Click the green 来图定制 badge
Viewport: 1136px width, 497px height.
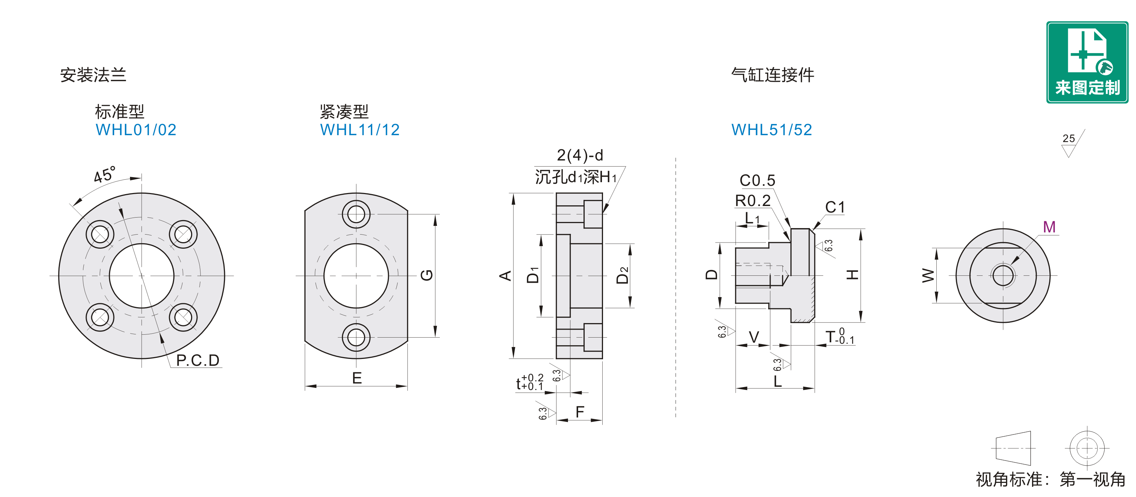1087,62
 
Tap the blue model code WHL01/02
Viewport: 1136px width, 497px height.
136,130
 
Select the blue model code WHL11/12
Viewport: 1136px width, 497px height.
360,130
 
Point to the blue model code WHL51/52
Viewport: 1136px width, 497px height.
772,130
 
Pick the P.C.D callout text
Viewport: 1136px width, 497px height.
198,360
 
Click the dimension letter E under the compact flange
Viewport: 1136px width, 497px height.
357,378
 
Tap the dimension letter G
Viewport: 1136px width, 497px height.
426,275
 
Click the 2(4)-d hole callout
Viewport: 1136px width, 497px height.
580,155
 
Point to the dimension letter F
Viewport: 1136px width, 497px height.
580,411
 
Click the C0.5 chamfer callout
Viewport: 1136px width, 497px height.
757,180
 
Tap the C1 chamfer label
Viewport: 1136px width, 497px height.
835,207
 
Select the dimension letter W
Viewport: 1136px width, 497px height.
928,275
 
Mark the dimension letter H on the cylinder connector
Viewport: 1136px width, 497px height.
853,275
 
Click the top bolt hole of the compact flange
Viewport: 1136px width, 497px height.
356,214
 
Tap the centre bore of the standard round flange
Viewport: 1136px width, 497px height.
142,276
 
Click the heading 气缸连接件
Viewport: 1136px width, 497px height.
773,75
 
